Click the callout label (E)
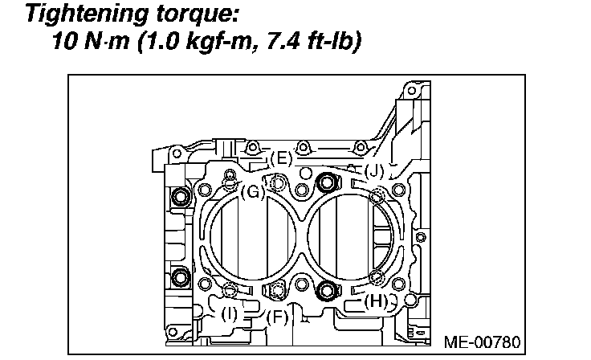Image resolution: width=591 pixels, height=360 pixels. pyautogui.click(x=282, y=158)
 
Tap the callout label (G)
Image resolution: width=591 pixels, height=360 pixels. pyautogui.click(x=252, y=192)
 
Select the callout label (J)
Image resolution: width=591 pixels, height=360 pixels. pyautogui.click(x=374, y=171)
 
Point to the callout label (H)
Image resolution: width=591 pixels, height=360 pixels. pyautogui.click(x=376, y=301)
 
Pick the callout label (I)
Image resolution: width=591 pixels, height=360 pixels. pyautogui.click(x=229, y=313)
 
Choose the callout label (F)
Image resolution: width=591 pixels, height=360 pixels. pyautogui.click(x=277, y=317)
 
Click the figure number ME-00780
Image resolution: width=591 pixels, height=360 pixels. pyautogui.click(x=482, y=342)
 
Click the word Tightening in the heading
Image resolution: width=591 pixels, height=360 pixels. pyautogui.click(x=87, y=14)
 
